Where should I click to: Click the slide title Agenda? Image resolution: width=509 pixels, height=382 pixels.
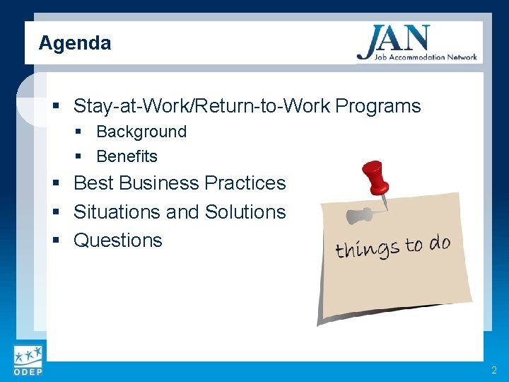(x=74, y=43)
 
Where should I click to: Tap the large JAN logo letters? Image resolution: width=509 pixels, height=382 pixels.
(x=394, y=40)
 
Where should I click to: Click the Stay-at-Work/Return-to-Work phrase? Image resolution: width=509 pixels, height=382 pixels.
(x=202, y=106)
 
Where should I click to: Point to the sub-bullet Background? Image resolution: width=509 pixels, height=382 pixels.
(x=141, y=132)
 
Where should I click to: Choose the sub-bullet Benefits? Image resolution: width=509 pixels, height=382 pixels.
(x=127, y=156)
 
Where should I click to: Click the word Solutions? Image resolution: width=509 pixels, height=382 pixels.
(x=245, y=212)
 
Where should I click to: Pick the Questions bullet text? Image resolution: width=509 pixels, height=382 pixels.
(x=117, y=241)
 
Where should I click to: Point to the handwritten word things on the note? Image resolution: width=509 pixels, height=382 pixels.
(x=367, y=248)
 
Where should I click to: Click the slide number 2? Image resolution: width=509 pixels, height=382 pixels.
(x=494, y=370)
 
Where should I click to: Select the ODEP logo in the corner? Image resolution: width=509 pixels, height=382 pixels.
(x=28, y=360)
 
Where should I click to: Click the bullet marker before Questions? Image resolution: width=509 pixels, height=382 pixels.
(x=57, y=241)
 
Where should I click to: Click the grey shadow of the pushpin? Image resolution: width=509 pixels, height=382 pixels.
(x=361, y=214)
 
